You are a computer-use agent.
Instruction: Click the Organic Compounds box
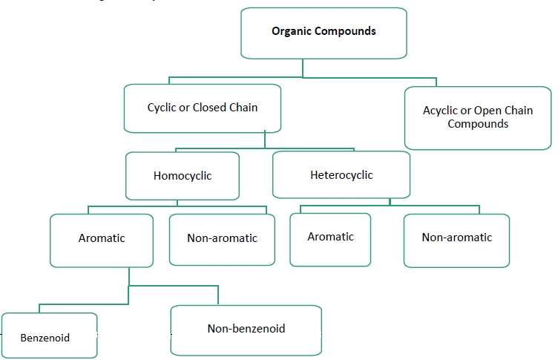click(324, 33)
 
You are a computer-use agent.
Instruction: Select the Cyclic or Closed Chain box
click(203, 108)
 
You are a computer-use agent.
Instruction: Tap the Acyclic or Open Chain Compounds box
click(477, 117)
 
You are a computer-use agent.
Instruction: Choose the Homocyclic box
click(183, 176)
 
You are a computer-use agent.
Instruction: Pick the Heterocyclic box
click(341, 175)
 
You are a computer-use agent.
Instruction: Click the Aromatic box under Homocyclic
click(102, 239)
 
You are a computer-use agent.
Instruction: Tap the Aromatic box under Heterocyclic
click(330, 238)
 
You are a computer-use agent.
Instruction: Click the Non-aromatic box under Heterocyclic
click(456, 239)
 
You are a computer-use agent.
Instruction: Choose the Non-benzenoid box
click(246, 329)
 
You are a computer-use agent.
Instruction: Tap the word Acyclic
click(441, 111)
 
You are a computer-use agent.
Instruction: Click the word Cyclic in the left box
click(162, 108)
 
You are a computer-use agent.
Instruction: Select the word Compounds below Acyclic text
click(478, 124)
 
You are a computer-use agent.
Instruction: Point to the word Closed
click(209, 108)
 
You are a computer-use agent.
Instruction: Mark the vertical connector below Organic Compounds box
click(303, 68)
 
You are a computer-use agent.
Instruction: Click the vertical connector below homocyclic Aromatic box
click(129, 276)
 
